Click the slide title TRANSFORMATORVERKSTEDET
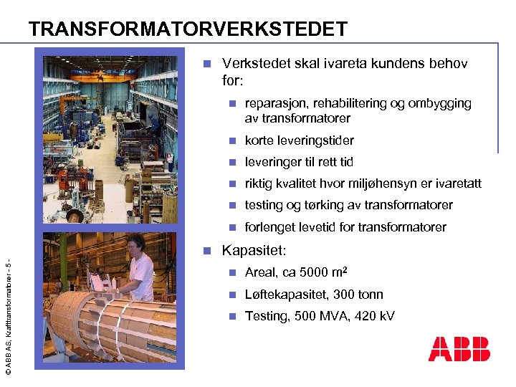coord(188,29)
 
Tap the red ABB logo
coord(459,349)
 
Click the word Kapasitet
coord(254,251)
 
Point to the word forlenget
coord(272,227)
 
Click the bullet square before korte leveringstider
coord(231,140)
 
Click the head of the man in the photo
coord(135,244)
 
